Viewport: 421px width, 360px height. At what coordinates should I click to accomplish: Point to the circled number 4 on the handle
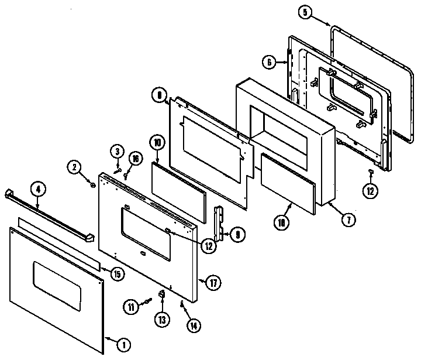[37, 189]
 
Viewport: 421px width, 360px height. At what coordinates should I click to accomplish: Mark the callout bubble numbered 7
[347, 220]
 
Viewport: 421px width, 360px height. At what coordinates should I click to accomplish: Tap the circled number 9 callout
[239, 234]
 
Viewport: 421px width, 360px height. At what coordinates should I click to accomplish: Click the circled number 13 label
[162, 319]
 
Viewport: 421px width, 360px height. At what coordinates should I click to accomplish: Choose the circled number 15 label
[118, 273]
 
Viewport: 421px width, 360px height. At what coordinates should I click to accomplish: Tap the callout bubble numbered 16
[134, 158]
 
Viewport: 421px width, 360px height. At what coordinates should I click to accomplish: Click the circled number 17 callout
[214, 283]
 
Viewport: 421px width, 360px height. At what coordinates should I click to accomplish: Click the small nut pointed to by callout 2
[93, 185]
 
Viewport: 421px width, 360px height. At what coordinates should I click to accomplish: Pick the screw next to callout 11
[147, 300]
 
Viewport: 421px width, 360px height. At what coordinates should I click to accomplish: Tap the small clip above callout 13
[162, 293]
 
